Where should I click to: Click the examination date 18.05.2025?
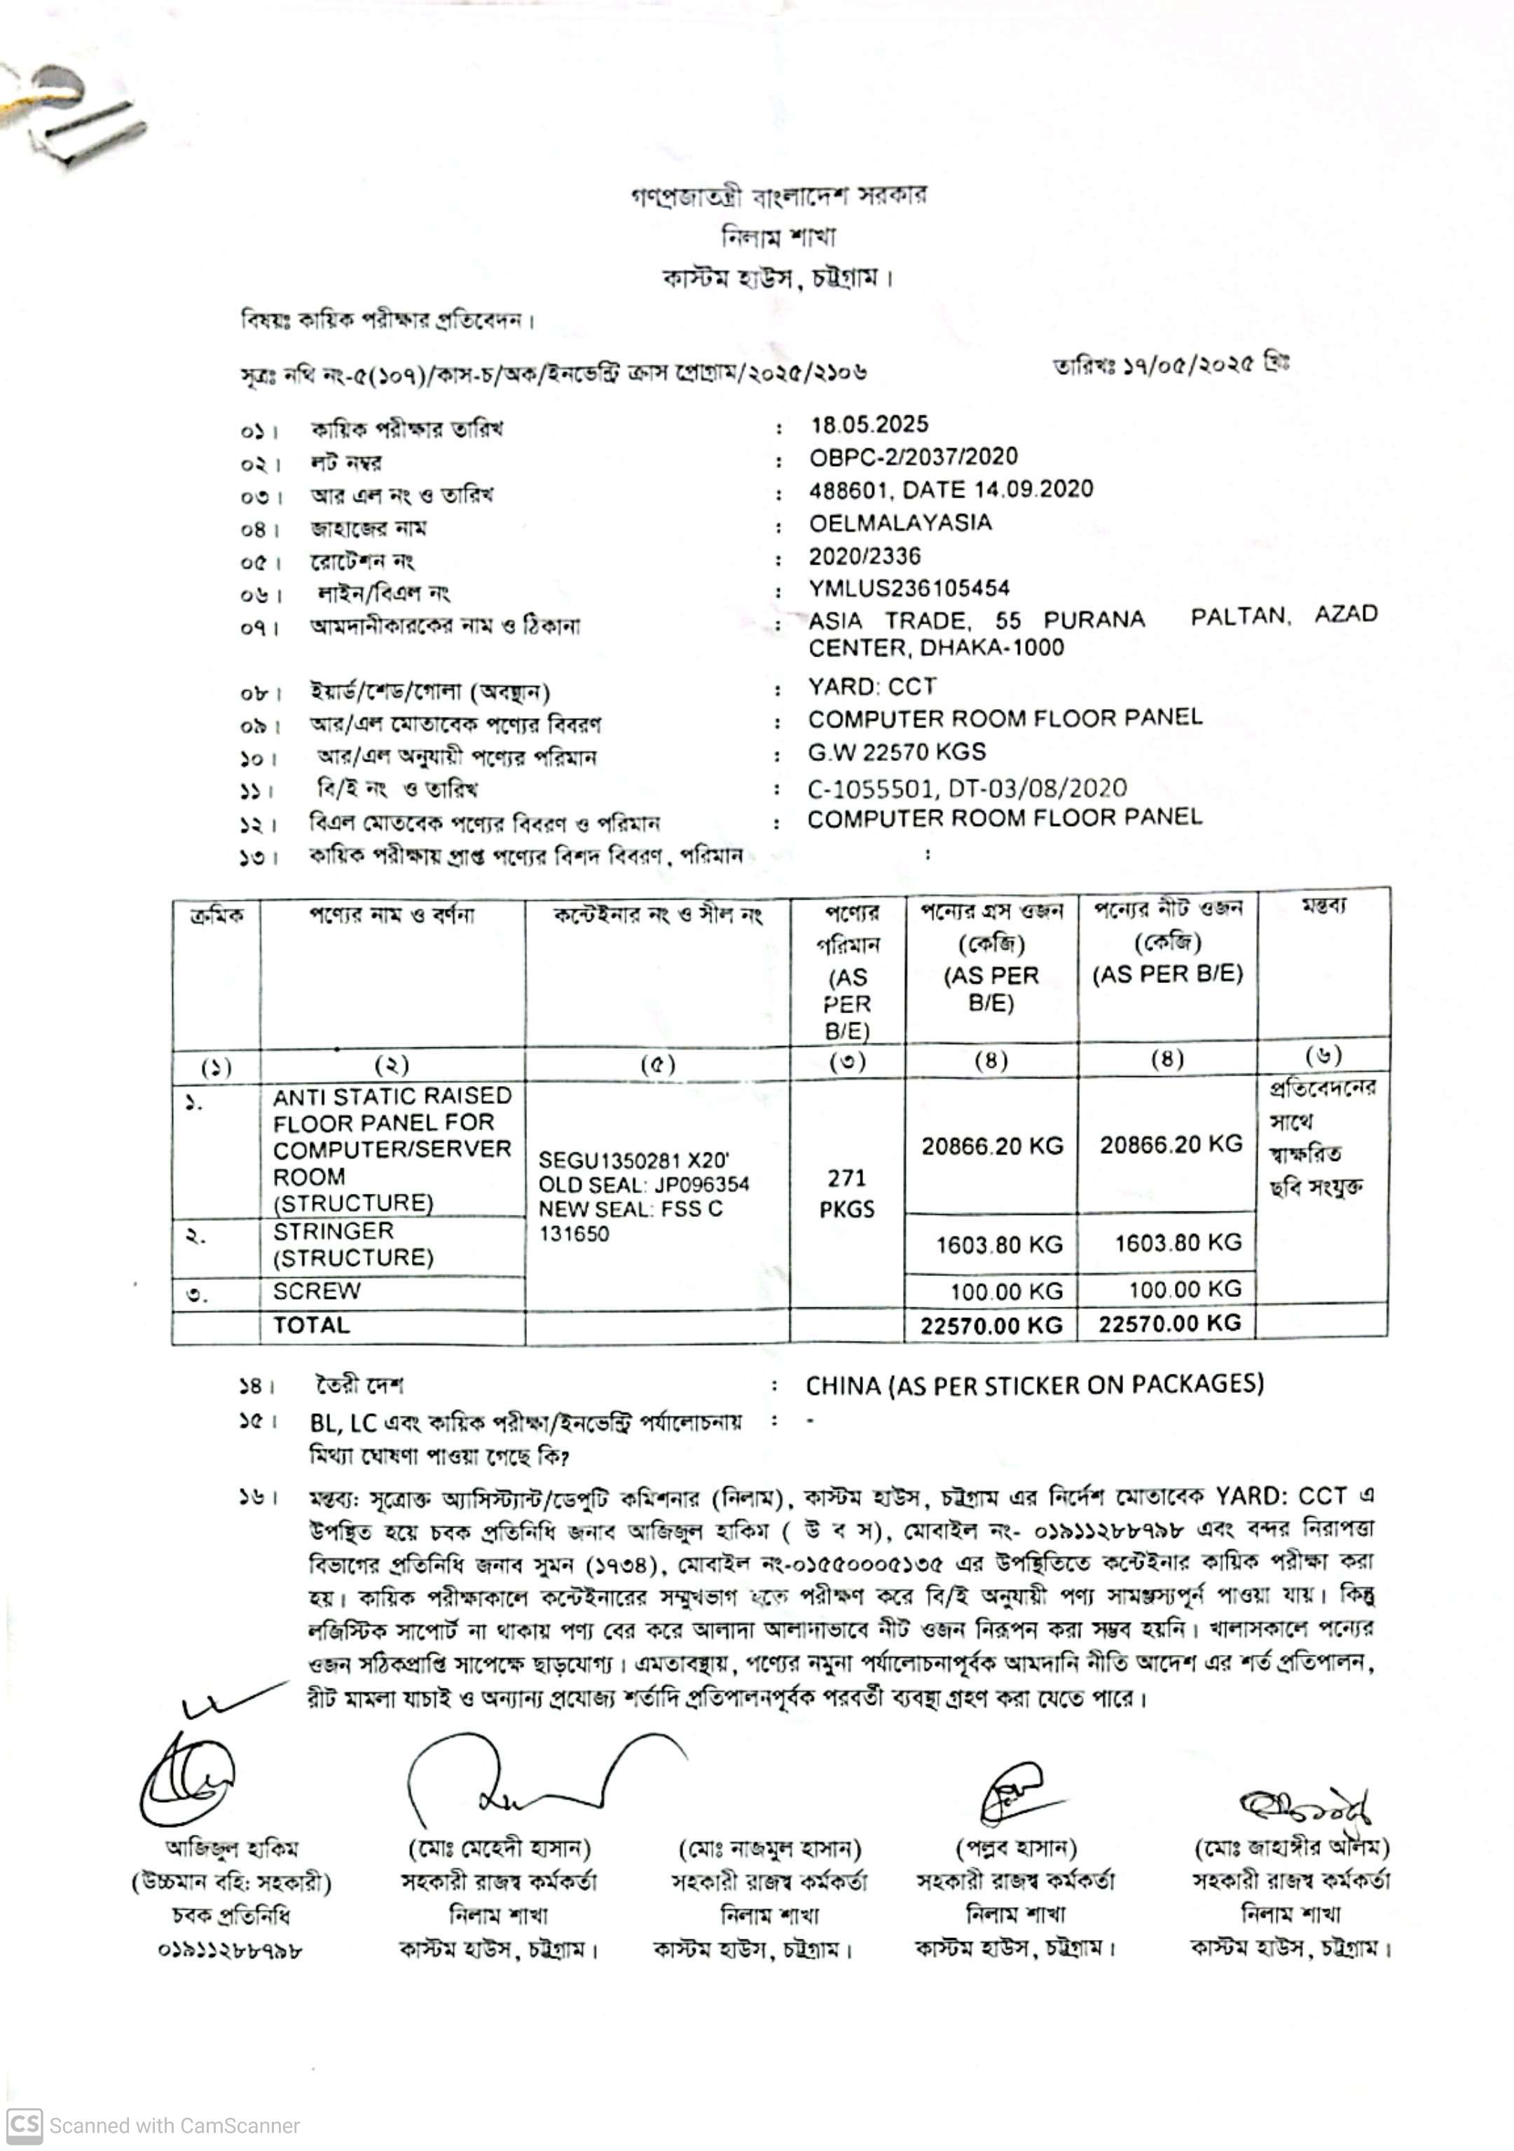click(869, 425)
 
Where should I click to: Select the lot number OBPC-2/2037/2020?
click(912, 458)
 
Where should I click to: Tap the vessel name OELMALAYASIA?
click(900, 523)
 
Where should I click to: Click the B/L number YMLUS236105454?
click(909, 589)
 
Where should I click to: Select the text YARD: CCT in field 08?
click(872, 687)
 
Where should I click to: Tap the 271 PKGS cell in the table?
click(846, 1193)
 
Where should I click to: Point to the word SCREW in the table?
click(316, 1292)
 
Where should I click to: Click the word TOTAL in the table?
click(310, 1326)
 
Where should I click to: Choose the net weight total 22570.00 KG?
click(1169, 1324)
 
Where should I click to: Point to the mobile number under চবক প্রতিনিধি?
click(230, 1951)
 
